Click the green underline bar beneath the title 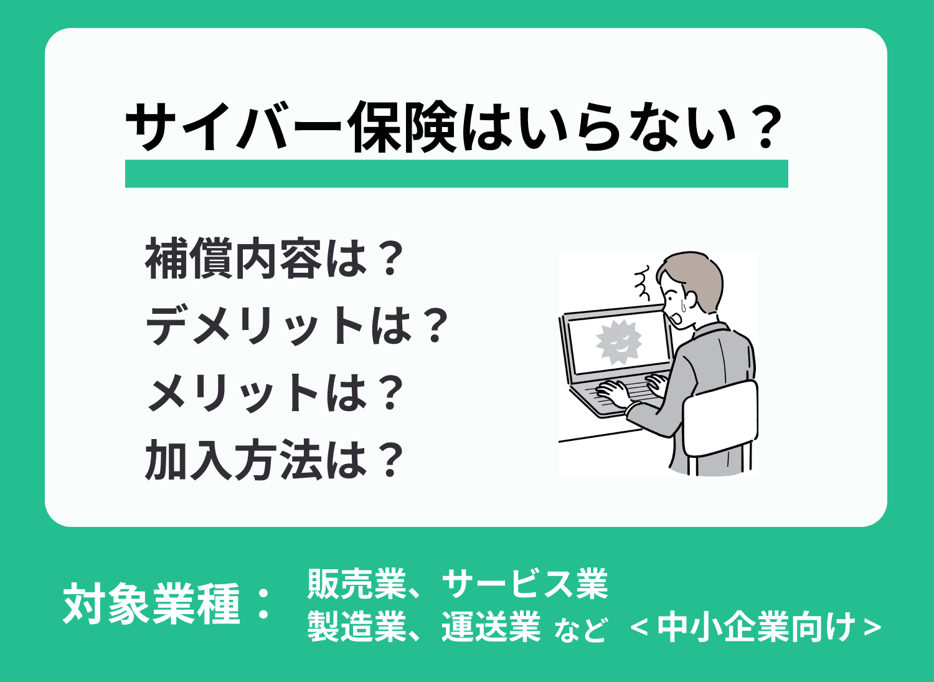click(x=456, y=174)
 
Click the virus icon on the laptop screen click(x=618, y=341)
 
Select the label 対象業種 click(x=152, y=603)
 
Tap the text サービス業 click(x=524, y=584)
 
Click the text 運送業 click(x=491, y=627)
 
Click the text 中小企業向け click(x=756, y=627)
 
